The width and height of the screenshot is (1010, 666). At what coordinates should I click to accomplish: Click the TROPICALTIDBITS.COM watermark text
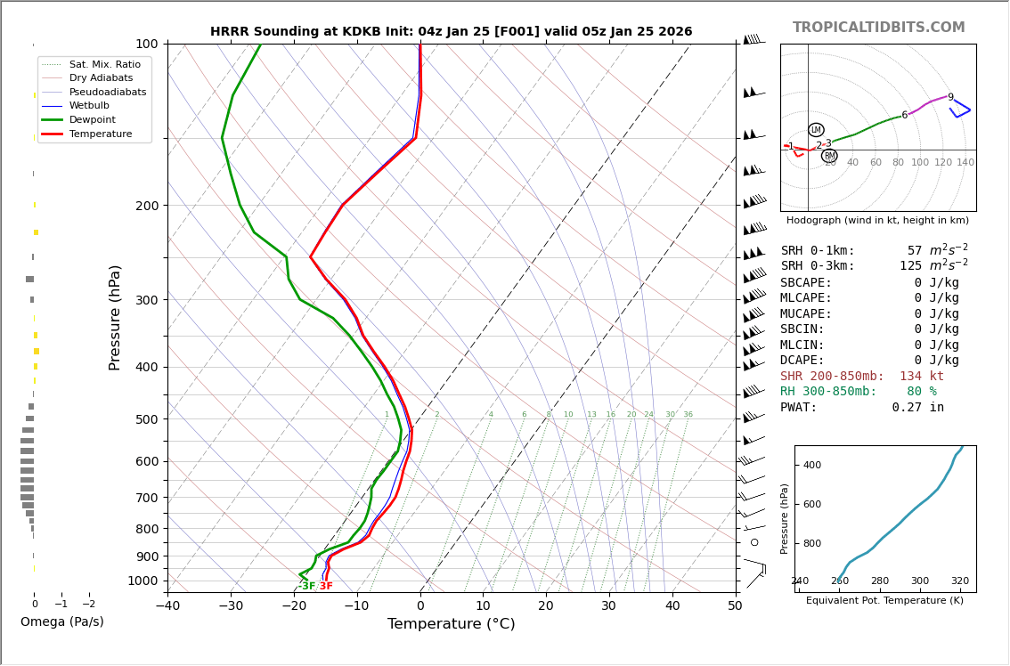click(878, 28)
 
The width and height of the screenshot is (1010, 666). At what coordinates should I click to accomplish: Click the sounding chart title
click(451, 31)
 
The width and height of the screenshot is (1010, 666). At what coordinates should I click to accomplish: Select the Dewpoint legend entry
click(93, 119)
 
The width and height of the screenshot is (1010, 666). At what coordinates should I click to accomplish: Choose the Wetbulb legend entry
click(89, 105)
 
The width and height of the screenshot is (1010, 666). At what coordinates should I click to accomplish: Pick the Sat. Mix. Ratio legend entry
click(104, 64)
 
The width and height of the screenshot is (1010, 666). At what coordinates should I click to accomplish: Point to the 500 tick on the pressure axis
click(147, 419)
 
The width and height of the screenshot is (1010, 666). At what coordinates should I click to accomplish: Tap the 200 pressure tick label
click(147, 206)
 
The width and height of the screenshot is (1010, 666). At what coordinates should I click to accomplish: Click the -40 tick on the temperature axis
click(167, 606)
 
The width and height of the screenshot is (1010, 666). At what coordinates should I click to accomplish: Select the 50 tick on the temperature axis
click(735, 606)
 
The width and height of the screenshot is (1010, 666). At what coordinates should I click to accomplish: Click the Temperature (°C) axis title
click(451, 624)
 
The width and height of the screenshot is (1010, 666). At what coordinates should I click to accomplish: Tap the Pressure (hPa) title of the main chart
click(115, 317)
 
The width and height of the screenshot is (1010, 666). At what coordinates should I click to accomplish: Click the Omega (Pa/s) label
click(61, 621)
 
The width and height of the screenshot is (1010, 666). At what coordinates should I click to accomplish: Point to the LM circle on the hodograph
click(816, 130)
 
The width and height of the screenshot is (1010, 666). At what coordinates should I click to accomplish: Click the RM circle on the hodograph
click(829, 156)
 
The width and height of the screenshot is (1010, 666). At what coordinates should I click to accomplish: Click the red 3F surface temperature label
click(326, 586)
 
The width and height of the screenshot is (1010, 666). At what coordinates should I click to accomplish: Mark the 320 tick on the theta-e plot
click(959, 581)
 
